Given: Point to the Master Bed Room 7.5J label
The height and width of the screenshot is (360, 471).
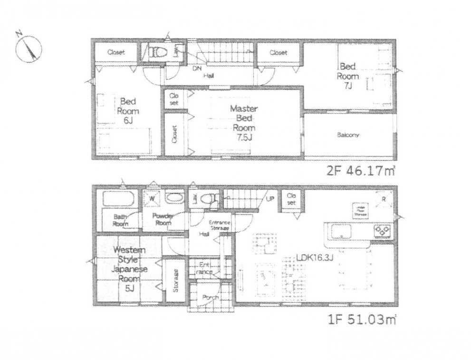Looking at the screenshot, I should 243,123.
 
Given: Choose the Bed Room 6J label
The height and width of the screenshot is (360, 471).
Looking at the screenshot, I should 128,110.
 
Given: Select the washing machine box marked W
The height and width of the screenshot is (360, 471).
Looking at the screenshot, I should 154,198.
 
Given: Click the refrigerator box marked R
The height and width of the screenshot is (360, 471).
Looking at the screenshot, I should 383,199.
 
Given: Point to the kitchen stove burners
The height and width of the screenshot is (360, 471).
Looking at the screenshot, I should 382,231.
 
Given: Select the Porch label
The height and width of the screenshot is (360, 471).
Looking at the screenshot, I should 210,298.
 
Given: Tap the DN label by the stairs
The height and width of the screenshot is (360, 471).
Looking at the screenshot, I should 196,68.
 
